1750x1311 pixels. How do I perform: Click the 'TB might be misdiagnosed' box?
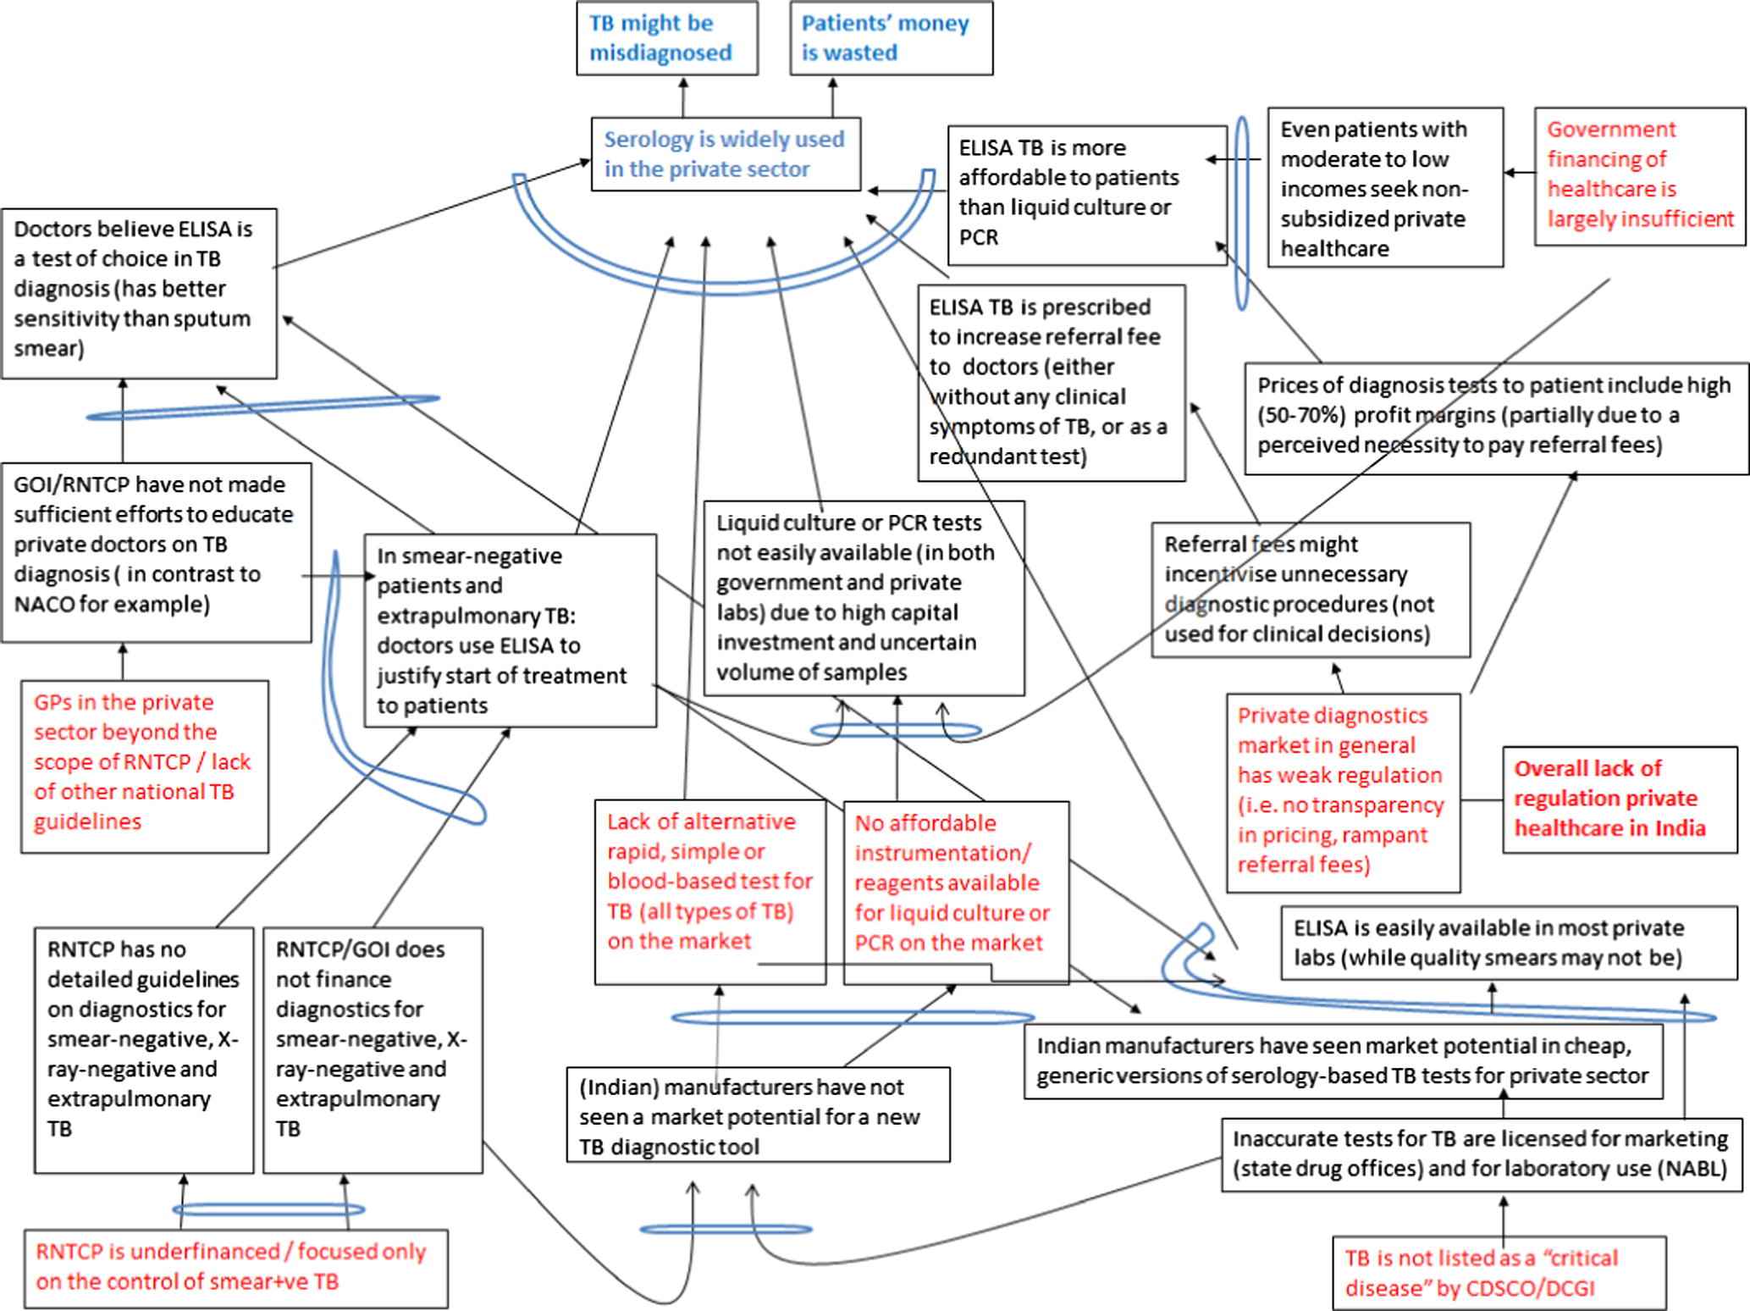[667, 38]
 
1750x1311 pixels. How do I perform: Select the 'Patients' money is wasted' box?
[892, 38]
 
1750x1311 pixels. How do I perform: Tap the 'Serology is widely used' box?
[726, 154]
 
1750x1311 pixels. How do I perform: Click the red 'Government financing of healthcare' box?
[1640, 176]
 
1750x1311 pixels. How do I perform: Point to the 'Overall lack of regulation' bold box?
[1620, 799]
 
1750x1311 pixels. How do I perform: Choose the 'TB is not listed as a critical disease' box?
[1499, 1273]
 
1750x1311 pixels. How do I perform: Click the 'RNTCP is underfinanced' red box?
[235, 1268]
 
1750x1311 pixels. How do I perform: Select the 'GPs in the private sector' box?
[145, 766]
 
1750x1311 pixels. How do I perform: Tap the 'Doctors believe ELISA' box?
[139, 293]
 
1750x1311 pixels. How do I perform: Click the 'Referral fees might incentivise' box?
[1311, 589]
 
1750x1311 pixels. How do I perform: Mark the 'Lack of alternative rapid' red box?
[709, 892]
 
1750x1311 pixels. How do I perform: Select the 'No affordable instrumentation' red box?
[956, 893]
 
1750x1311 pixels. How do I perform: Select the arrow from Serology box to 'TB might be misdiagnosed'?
[684, 97]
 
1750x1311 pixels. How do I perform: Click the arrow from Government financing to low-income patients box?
[1520, 173]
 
